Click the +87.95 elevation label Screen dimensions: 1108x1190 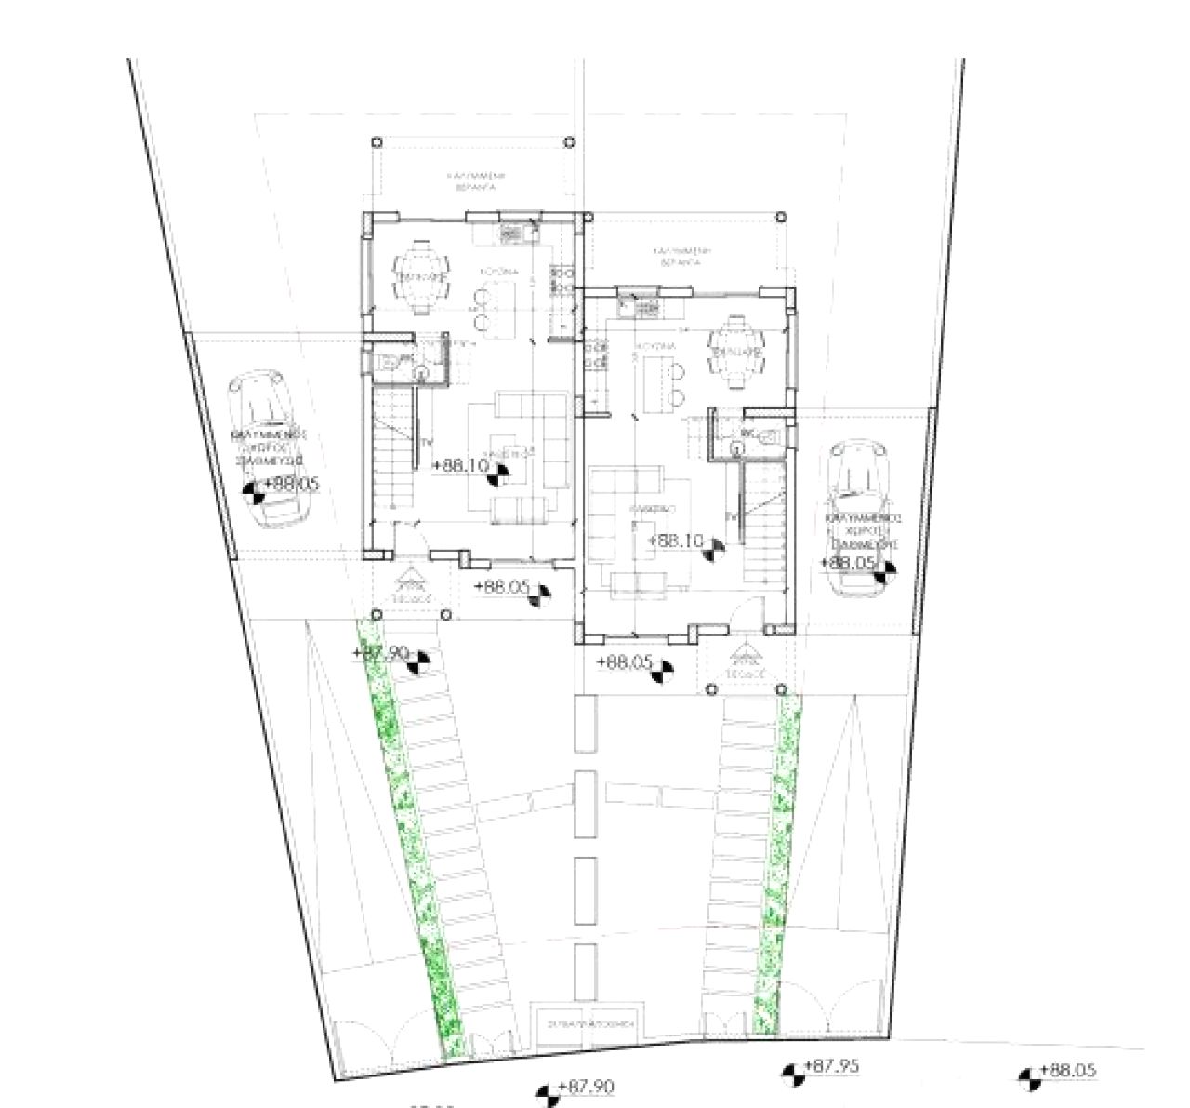point(830,1067)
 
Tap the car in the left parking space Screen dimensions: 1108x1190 point(271,448)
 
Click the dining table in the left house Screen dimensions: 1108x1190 point(423,277)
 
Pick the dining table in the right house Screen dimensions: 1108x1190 point(736,350)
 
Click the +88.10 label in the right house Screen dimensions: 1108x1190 point(675,541)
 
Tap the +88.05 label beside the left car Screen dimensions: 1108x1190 point(292,484)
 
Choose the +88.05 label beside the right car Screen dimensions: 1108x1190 point(849,563)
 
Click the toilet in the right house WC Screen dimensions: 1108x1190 point(767,435)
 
